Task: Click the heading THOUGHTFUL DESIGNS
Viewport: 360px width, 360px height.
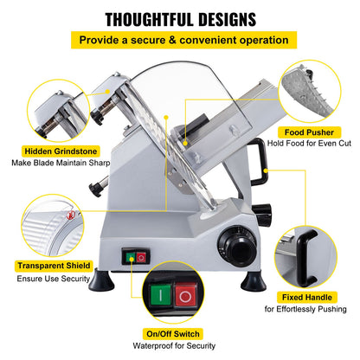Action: coord(180,17)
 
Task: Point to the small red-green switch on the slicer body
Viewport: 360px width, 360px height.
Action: coord(136,257)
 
